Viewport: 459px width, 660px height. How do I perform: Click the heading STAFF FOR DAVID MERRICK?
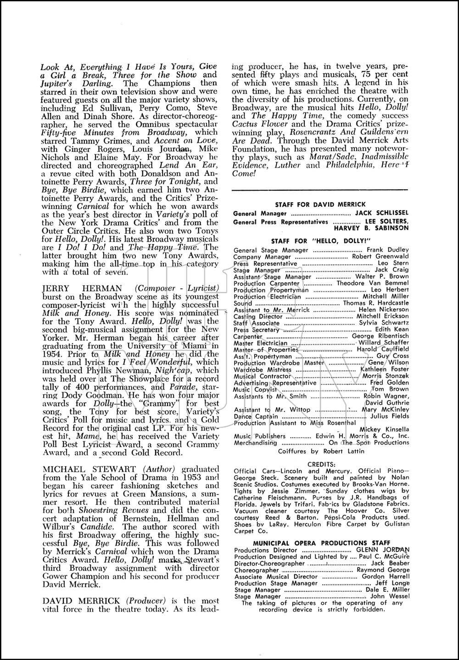(320, 204)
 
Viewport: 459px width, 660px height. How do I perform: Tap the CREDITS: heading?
(321, 464)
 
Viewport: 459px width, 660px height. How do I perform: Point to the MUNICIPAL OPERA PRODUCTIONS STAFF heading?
(321, 543)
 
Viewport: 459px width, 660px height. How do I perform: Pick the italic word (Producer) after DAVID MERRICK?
(148, 601)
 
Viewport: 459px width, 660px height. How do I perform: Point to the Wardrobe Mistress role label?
(263, 369)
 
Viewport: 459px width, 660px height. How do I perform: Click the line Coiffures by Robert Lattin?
(321, 451)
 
